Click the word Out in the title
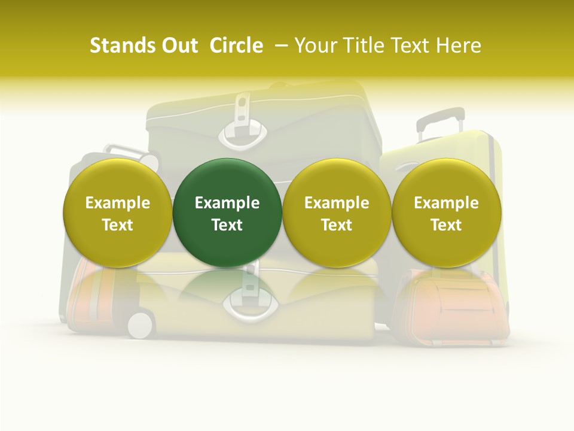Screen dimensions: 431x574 (178, 45)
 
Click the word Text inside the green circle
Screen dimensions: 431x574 (227, 225)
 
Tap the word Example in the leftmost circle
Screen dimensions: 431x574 (117, 203)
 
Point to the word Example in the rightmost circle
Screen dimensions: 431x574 (447, 203)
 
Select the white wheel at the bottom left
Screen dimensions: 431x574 (141, 325)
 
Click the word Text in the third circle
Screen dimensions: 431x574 (337, 225)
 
